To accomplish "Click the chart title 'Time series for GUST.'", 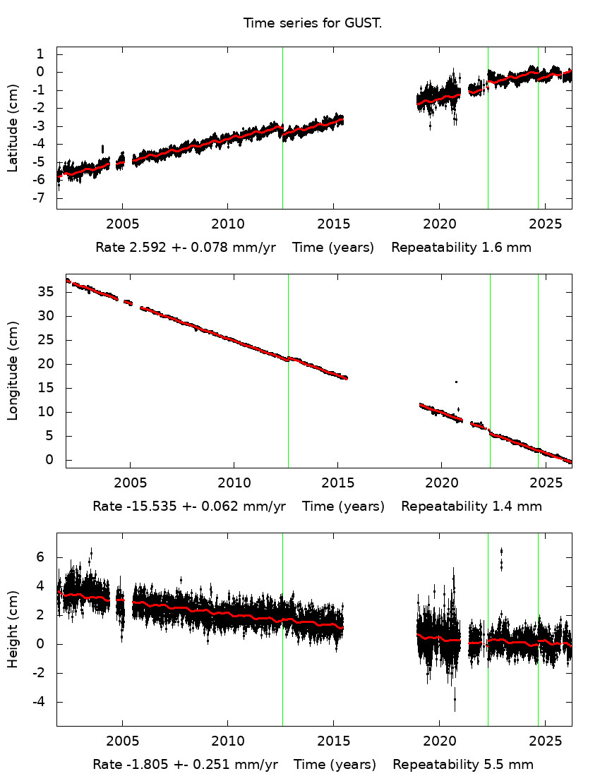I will click(x=313, y=23).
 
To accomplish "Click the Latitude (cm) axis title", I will click(x=13, y=128).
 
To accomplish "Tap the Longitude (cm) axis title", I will click(x=13, y=371).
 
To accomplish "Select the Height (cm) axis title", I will click(x=13, y=629).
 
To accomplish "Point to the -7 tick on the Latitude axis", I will click(x=40, y=198).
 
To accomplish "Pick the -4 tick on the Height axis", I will click(x=40, y=702).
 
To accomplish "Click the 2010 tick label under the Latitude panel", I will click(x=227, y=224).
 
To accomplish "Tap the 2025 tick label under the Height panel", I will click(x=544, y=741).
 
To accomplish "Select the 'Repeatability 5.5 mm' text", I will click(x=463, y=765).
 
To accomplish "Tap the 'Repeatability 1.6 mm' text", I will click(x=461, y=248).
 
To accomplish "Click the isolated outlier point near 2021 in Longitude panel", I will click(x=456, y=382).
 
